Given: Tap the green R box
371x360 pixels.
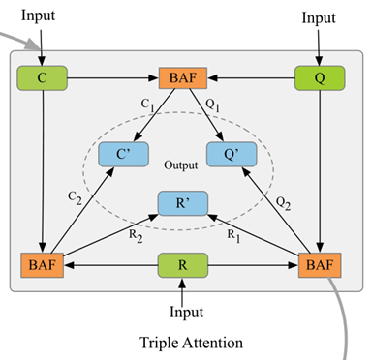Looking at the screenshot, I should point(183,262).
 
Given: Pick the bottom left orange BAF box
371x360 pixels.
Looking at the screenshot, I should point(41,262).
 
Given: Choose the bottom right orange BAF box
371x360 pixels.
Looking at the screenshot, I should point(319,262).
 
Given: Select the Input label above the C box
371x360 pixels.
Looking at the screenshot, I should point(40,16).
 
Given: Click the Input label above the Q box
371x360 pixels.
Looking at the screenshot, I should point(319,17).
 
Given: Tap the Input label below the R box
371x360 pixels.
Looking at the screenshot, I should point(183,312).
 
